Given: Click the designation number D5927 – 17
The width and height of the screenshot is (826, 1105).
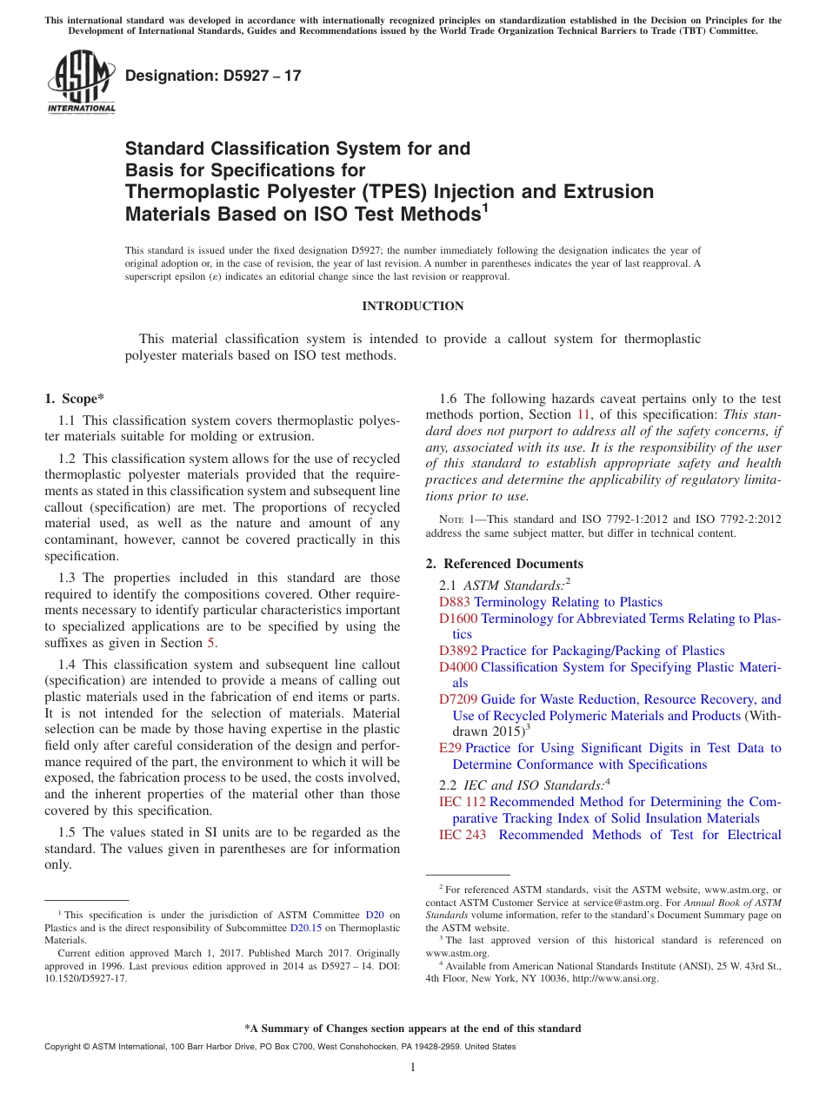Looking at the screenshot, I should click(214, 76).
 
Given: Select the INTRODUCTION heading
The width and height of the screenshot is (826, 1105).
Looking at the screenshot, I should click(412, 306).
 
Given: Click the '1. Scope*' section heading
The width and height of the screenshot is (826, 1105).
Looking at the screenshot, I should click(74, 399).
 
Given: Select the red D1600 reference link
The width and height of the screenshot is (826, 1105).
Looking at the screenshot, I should click(458, 619).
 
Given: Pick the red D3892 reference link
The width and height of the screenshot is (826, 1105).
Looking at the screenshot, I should click(458, 651).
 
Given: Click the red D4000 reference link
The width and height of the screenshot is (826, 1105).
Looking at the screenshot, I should click(458, 667).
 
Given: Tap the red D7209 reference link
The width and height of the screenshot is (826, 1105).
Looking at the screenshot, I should click(458, 699).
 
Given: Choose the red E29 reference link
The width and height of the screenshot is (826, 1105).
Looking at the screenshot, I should click(450, 748).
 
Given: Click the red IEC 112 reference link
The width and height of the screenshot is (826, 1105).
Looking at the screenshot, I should click(463, 802).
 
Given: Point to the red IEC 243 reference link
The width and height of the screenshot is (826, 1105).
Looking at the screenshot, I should click(463, 835).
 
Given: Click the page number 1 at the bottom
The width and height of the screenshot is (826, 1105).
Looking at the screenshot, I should click(413, 1068).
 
